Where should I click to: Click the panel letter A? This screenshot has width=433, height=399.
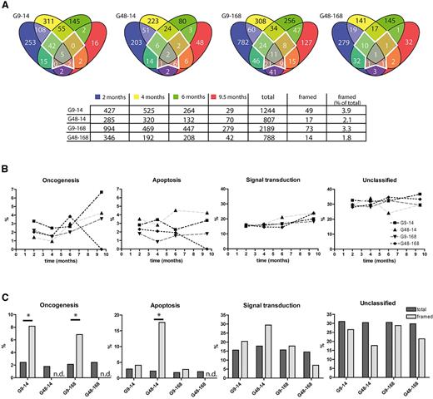6,6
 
